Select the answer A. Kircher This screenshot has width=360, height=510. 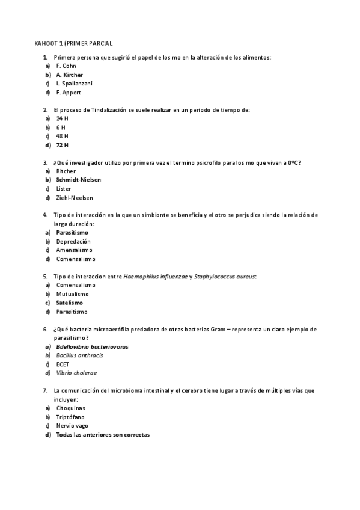69,75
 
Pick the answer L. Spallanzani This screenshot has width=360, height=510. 74,84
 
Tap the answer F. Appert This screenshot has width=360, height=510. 69,93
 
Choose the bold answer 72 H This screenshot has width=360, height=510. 63,145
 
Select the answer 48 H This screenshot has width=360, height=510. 62,136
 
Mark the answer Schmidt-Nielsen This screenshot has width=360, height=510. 79,180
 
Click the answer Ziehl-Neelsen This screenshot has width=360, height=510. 75,198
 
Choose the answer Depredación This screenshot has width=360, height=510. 73,241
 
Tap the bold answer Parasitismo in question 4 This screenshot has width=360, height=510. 72,232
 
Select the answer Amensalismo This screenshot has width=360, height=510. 75,250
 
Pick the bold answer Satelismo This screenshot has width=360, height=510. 70,303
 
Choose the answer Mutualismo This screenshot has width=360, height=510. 72,294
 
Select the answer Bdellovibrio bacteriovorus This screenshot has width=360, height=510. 92,347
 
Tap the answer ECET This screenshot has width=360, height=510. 63,364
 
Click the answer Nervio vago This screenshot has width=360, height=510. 72,426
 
